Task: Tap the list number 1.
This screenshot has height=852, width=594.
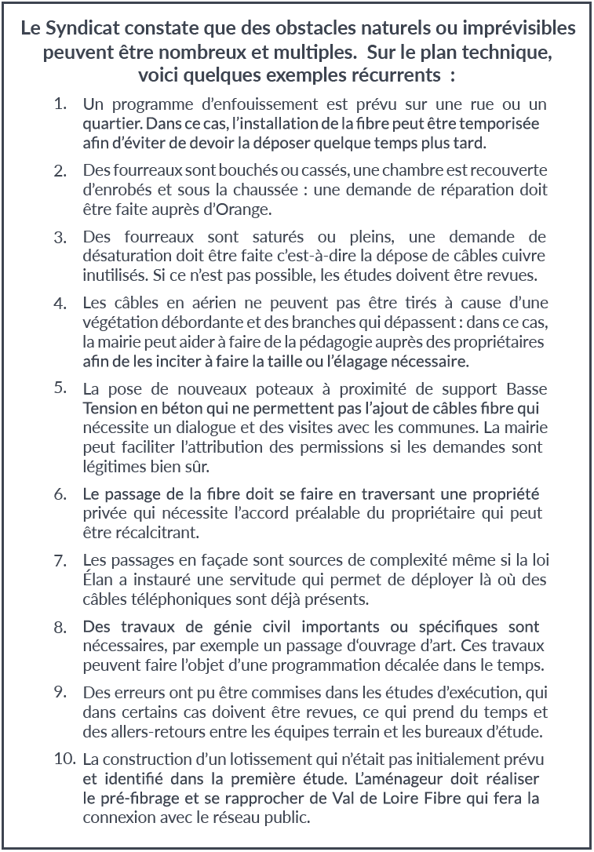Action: coord(60,104)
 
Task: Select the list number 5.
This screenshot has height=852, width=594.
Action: coord(60,388)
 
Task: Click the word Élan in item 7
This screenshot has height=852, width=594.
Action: coord(98,581)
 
